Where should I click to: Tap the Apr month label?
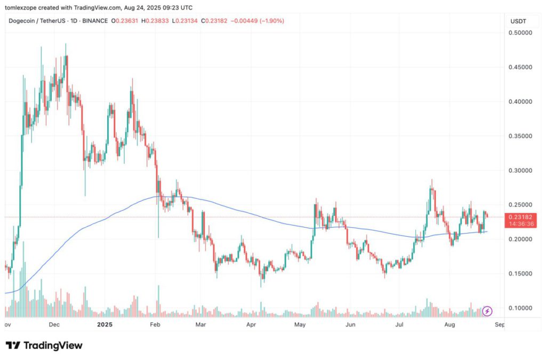[x=251, y=324]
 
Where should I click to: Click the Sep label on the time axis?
[x=499, y=324]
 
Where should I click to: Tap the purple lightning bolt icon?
[x=487, y=311]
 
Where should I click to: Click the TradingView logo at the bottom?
[x=44, y=346]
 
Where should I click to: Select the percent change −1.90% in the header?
[x=272, y=21]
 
